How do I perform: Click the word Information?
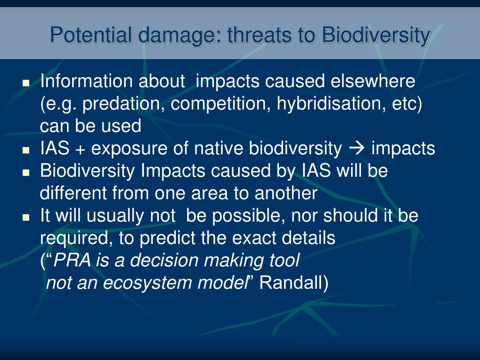point(86,81)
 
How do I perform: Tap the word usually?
point(115,216)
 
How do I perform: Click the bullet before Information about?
point(26,82)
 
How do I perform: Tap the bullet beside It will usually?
point(26,217)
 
